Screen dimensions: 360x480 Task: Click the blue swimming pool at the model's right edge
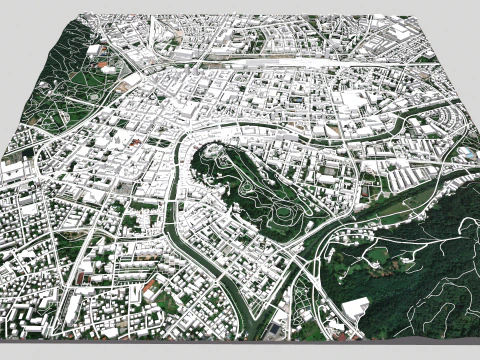click(x=466, y=155)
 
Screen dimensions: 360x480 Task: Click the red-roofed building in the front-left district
click(x=150, y=288)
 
